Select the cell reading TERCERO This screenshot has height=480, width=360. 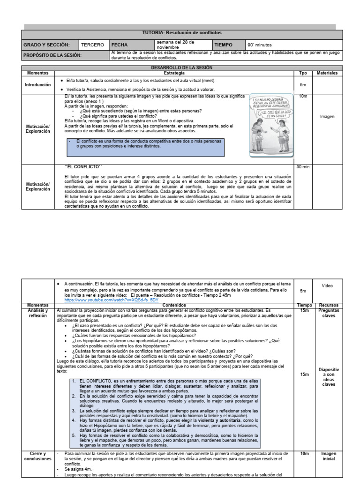click(x=92, y=45)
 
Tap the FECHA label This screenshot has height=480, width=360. click(x=118, y=45)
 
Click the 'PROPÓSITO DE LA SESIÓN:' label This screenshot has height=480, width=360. click(x=52, y=55)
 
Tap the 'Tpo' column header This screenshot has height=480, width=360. click(x=303, y=73)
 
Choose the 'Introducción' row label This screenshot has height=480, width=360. click(x=38, y=85)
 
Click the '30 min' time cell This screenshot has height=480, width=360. click(x=302, y=167)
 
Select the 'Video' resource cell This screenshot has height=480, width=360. click(x=328, y=285)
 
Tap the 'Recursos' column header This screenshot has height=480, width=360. click(x=328, y=305)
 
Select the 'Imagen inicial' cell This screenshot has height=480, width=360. click(x=328, y=457)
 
